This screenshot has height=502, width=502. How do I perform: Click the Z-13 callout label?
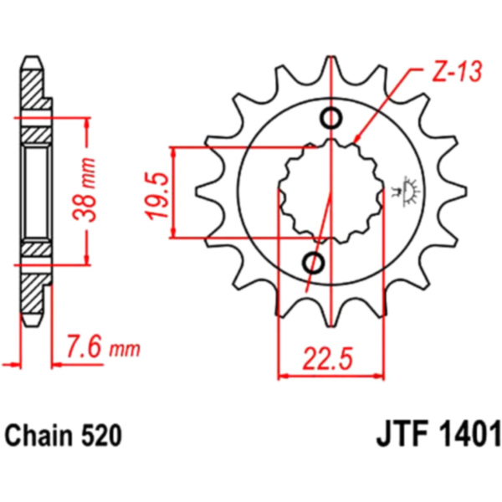point(457,71)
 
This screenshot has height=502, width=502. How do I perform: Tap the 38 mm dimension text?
point(85,190)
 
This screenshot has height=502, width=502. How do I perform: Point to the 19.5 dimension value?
point(158,195)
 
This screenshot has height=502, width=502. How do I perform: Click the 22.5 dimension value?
point(327,358)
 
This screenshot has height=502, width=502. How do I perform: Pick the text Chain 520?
point(64,436)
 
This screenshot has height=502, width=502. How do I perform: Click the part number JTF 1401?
point(438,435)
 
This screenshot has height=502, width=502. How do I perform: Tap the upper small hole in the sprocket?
point(331,119)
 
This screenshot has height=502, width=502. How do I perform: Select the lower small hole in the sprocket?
point(314,263)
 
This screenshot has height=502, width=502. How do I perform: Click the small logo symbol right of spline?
point(407,192)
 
